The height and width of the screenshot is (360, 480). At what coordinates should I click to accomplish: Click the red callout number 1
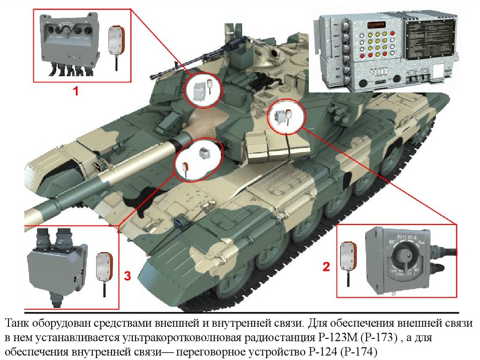75,92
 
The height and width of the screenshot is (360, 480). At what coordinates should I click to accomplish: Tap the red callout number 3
127,276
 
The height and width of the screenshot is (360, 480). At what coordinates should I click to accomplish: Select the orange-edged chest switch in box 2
349,254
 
